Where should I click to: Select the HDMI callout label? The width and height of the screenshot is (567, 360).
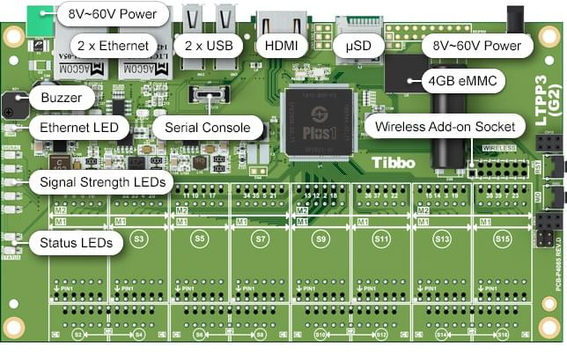pyautogui.click(x=281, y=44)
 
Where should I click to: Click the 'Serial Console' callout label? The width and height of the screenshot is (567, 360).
pyautogui.click(x=208, y=128)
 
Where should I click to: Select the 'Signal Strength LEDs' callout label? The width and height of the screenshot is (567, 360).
pyautogui.click(x=99, y=183)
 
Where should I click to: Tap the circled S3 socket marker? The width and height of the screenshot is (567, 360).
pyautogui.click(x=138, y=239)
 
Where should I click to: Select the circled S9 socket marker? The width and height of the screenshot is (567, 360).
pyautogui.click(x=321, y=239)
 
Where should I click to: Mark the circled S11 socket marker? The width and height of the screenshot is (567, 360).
pyautogui.click(x=382, y=239)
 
